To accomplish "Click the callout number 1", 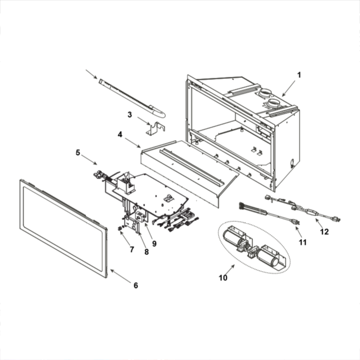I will click(x=298, y=75).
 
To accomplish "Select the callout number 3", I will click(x=130, y=115).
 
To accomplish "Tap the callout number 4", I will click(x=120, y=134).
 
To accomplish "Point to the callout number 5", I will click(x=78, y=153).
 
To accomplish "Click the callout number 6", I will click(x=135, y=285).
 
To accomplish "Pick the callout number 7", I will click(x=132, y=249).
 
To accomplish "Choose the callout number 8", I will click(x=147, y=252).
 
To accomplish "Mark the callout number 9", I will click(x=154, y=243).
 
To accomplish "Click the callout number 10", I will click(x=223, y=278).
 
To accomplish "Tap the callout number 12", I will click(x=324, y=232).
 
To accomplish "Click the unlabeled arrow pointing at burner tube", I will click(x=91, y=74).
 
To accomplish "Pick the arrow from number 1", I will click(x=288, y=89).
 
